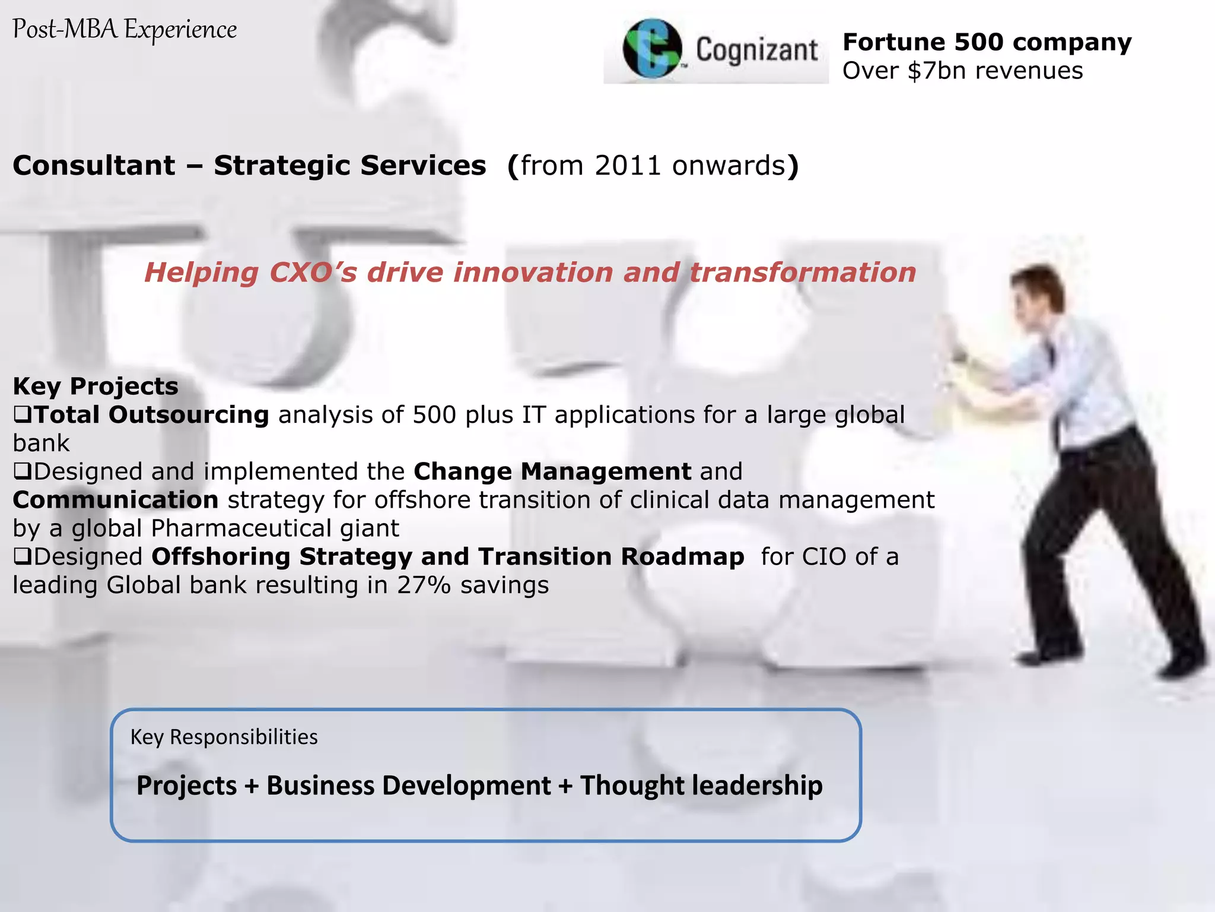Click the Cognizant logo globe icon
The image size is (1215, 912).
[x=651, y=49]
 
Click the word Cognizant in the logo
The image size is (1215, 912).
[x=757, y=50]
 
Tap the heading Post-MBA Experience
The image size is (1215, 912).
[x=125, y=30]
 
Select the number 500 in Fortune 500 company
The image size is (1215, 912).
[x=978, y=42]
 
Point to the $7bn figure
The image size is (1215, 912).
[x=937, y=71]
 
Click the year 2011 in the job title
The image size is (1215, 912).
[x=628, y=166]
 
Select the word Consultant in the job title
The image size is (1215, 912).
[x=94, y=166]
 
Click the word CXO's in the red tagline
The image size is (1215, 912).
[x=313, y=273]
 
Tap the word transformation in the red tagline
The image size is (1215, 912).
[x=803, y=273]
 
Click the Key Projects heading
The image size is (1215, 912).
[x=96, y=386]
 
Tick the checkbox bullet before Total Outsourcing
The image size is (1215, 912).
[x=22, y=414]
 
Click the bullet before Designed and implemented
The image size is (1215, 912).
[x=22, y=471]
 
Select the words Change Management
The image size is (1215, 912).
[x=552, y=471]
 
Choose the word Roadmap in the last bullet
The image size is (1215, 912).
[x=682, y=557]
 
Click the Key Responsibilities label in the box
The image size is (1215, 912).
[x=224, y=737]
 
